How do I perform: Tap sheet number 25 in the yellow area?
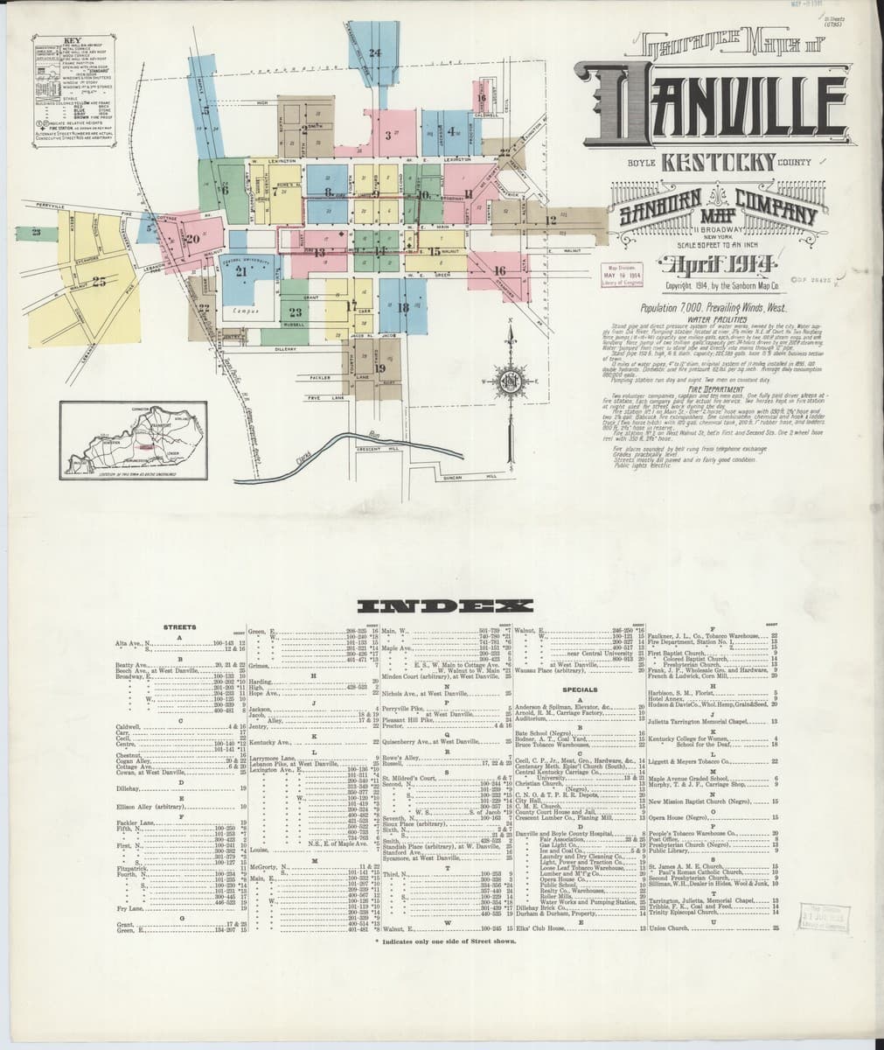pyautogui.click(x=98, y=282)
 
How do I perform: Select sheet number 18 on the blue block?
pyautogui.click(x=403, y=307)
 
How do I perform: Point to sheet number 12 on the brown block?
pyautogui.click(x=551, y=220)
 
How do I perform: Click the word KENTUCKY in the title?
pyautogui.click(x=717, y=162)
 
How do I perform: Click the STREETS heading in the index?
pyautogui.click(x=180, y=626)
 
